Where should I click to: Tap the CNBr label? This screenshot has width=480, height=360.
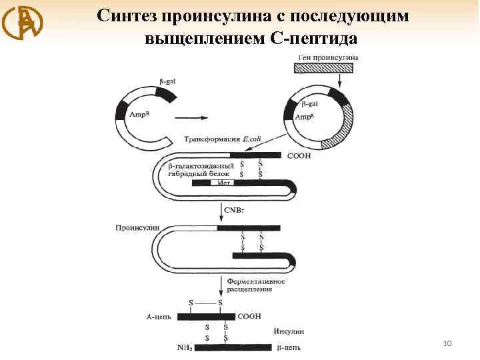pos(237,211)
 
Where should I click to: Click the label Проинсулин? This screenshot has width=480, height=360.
pos(138,227)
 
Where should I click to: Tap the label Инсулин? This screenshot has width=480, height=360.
pos(288,331)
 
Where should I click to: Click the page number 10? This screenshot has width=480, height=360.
pos(447,343)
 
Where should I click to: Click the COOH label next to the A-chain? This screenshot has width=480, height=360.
pos(249,316)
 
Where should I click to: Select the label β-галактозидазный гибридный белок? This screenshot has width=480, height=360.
pos(201,168)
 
